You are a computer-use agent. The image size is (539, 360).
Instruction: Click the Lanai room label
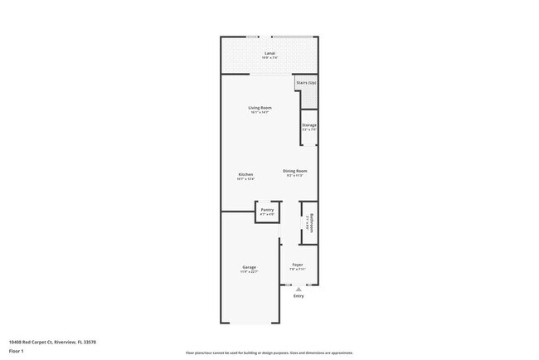coord(269,53)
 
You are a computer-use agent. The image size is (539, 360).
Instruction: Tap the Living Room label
coord(260,108)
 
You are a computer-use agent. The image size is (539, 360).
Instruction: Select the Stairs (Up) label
coord(306,83)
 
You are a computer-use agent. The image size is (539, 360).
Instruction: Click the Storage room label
coord(309,125)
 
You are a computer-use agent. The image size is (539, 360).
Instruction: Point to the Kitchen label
coord(245,174)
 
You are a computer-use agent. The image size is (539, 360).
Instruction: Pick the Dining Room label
coord(295,171)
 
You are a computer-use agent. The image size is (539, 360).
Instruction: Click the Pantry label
coord(267,210)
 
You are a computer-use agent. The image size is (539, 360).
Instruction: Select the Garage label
coord(249,267)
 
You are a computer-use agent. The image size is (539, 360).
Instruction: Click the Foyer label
coord(298,265)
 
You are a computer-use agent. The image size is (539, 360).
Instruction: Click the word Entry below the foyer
coord(299,296)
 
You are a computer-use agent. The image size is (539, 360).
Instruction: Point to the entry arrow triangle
coord(299,289)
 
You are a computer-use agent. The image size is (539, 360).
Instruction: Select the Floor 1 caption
coord(17,352)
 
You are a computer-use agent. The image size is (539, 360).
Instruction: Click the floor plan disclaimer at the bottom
coord(269,353)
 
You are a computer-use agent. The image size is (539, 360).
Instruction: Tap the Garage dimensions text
coord(249,272)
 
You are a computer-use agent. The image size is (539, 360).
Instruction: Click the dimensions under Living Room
coord(260,113)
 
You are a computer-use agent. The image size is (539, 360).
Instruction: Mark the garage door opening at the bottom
coord(249,324)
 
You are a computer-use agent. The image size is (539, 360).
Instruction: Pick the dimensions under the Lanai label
coord(269,58)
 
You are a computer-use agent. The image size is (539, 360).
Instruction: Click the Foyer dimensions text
coord(298,270)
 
